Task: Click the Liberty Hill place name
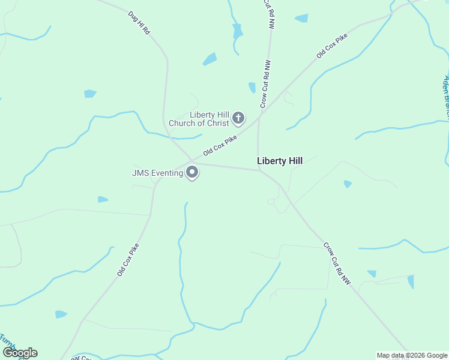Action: pos(280,161)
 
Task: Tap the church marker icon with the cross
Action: pos(238,118)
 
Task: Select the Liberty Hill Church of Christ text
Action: pos(199,119)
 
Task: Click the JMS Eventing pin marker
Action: pos(192,173)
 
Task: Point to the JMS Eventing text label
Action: pos(157,173)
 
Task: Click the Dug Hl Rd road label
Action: pos(139,22)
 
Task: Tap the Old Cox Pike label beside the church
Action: pos(220,145)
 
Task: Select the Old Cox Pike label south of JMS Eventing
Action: pos(128,259)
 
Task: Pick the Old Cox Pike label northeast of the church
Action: pos(332,46)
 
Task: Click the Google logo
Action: pos(20,353)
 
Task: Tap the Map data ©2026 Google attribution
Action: pos(412,355)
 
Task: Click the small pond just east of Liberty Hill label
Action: pos(348,184)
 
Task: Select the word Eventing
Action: pos(167,173)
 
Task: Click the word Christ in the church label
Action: pos(217,124)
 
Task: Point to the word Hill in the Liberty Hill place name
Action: pos(294,161)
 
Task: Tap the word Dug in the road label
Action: pos(133,15)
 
